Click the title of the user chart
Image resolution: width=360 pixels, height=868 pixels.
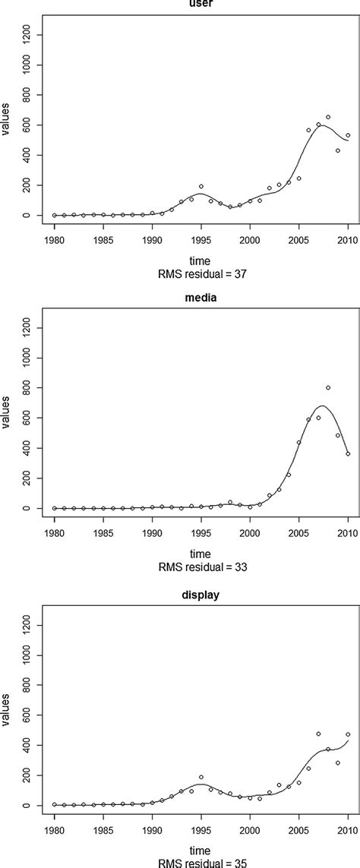point(201,3)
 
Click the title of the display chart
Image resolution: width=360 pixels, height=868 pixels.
point(201,596)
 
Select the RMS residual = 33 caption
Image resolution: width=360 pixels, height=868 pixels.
point(201,566)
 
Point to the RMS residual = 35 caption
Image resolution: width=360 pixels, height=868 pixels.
point(201,863)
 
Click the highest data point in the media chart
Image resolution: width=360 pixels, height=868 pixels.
point(328,388)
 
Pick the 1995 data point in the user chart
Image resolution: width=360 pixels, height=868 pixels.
point(201,186)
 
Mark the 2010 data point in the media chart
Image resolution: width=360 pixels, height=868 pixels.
point(348,454)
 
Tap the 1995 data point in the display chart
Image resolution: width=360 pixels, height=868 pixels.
point(201,777)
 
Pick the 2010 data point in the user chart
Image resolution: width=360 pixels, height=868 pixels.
point(348,135)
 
